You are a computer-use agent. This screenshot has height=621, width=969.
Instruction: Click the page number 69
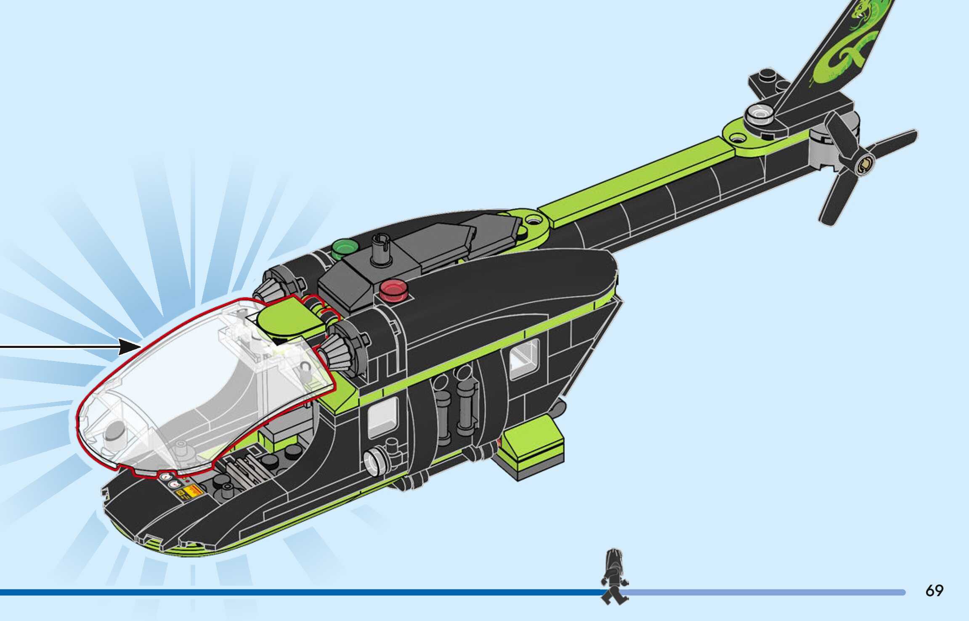[x=934, y=591]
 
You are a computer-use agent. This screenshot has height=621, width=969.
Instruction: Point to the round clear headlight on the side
[x=373, y=461]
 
